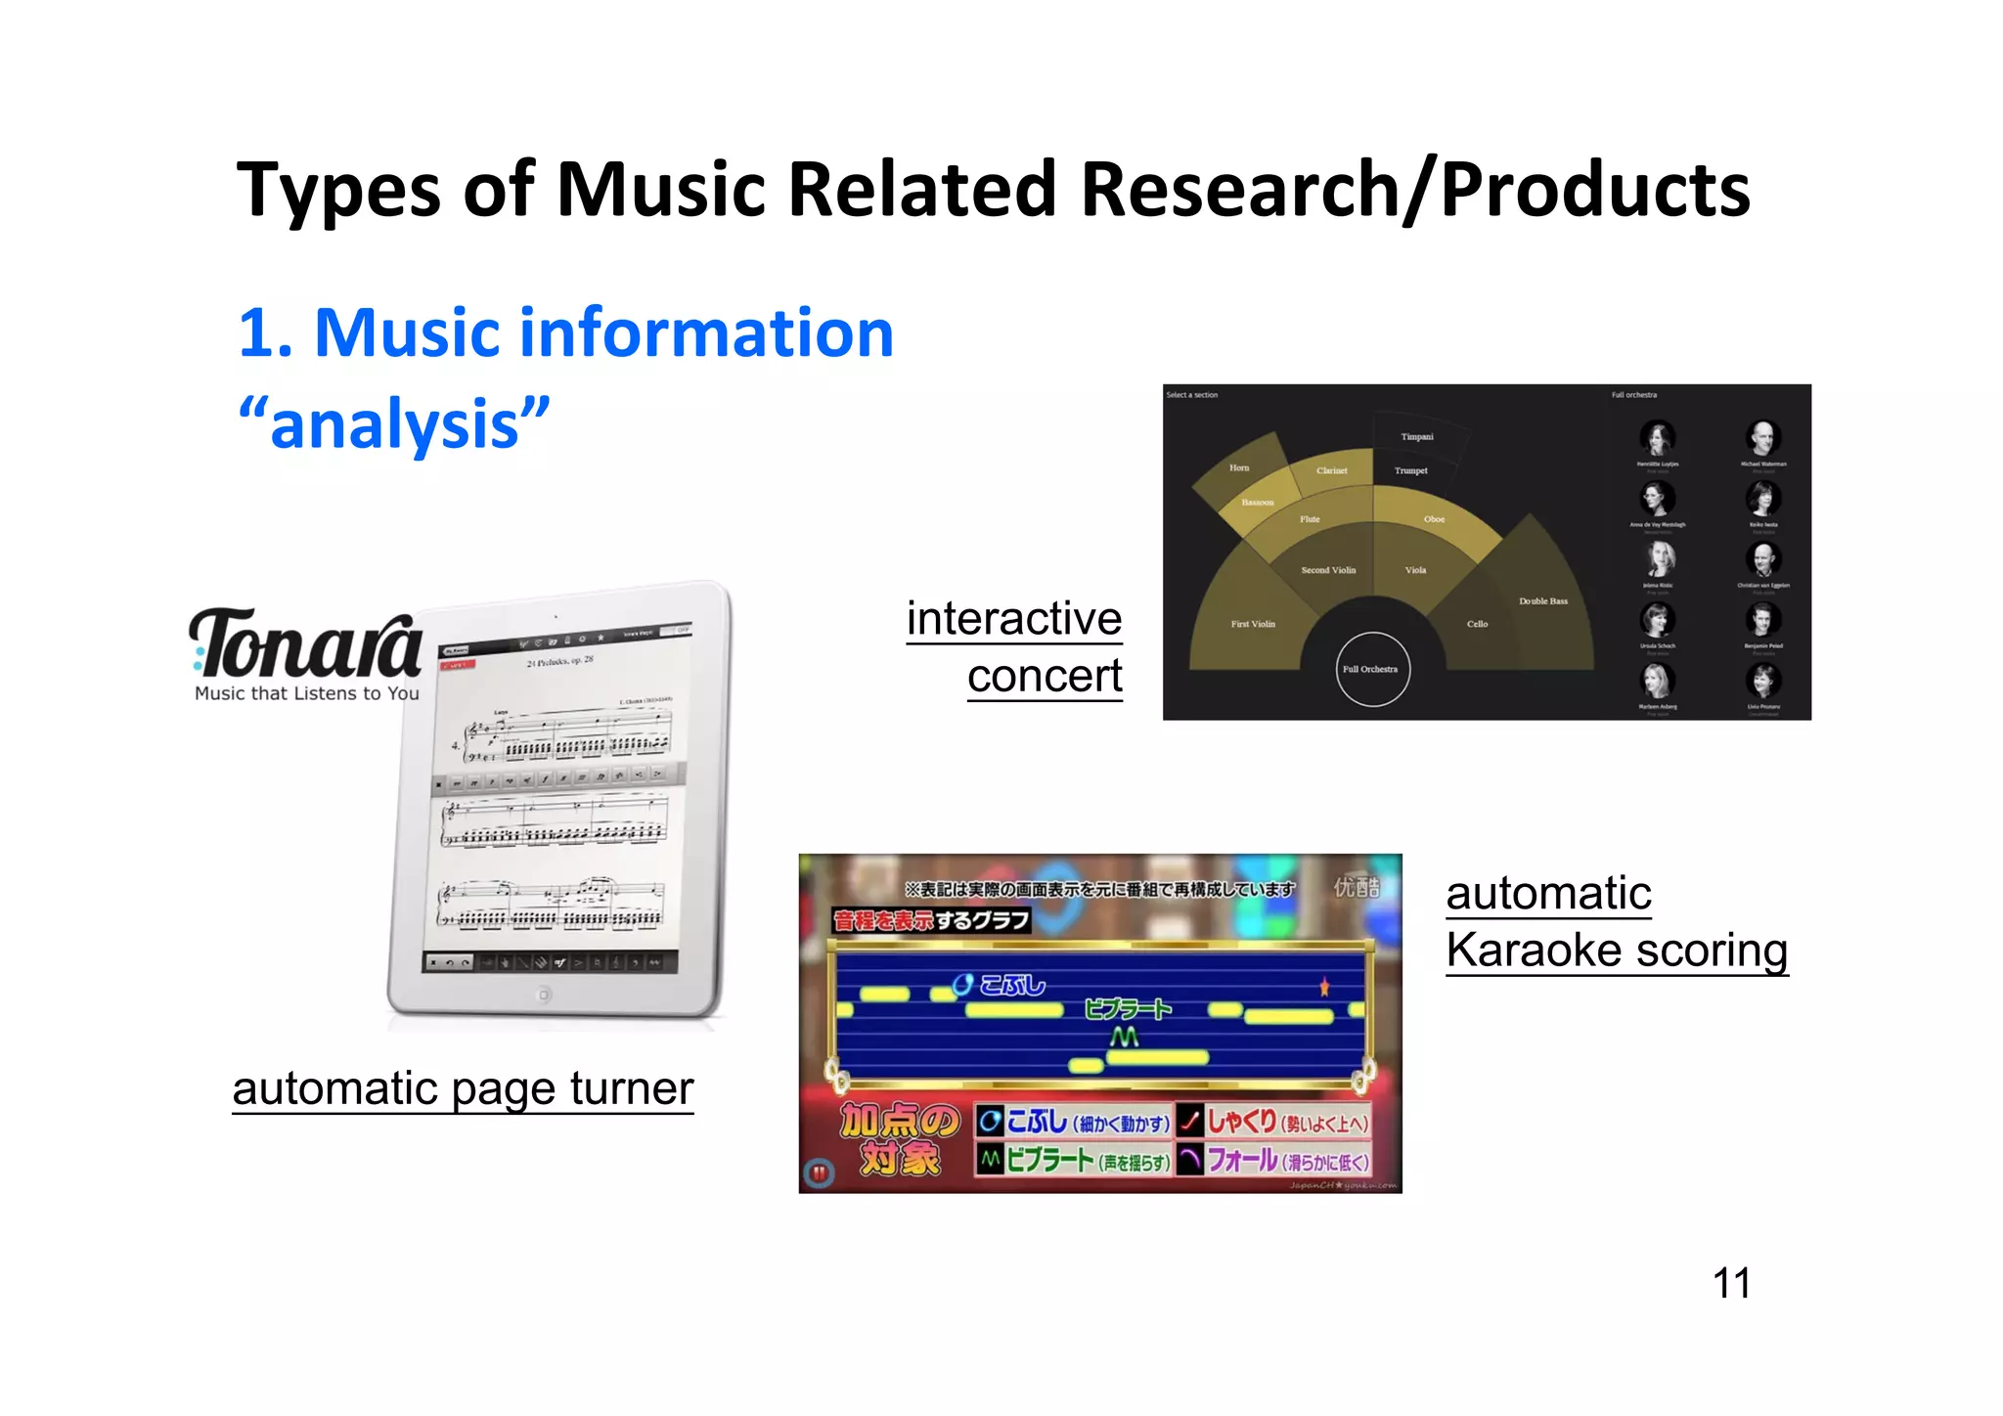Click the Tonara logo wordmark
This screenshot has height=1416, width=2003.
tap(306, 642)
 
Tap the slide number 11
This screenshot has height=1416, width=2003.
tap(1731, 1283)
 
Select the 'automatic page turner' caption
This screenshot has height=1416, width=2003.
tap(463, 1088)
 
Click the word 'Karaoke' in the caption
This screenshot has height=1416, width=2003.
tap(1534, 950)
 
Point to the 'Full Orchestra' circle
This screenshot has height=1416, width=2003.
tap(1371, 669)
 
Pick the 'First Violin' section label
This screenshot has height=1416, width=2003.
tap(1252, 624)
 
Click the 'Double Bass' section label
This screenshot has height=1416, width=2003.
tap(1542, 601)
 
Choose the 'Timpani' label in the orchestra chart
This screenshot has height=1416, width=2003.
tap(1416, 437)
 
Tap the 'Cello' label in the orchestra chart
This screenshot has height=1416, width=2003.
tap(1477, 624)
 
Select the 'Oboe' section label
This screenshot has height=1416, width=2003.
tap(1434, 519)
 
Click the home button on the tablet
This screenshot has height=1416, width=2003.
tap(545, 995)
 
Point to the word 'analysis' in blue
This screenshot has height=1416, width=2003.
tap(394, 424)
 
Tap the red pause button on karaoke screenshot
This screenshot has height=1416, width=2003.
tap(819, 1172)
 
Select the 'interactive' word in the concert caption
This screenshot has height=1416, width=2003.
tap(1013, 618)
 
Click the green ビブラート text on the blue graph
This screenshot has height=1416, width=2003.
tap(1127, 1009)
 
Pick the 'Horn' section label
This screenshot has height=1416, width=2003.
tap(1239, 467)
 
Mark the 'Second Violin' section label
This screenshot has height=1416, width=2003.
tap(1328, 570)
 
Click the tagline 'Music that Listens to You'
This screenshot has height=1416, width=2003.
tap(307, 693)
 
